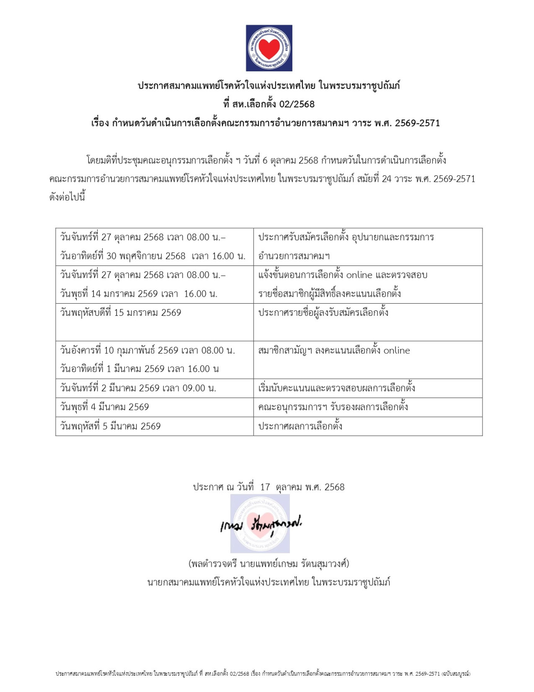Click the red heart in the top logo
[269, 48]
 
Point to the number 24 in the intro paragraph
[387, 179]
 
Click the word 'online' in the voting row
[397, 351]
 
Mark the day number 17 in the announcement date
[265, 487]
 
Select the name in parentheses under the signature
[269, 564]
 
